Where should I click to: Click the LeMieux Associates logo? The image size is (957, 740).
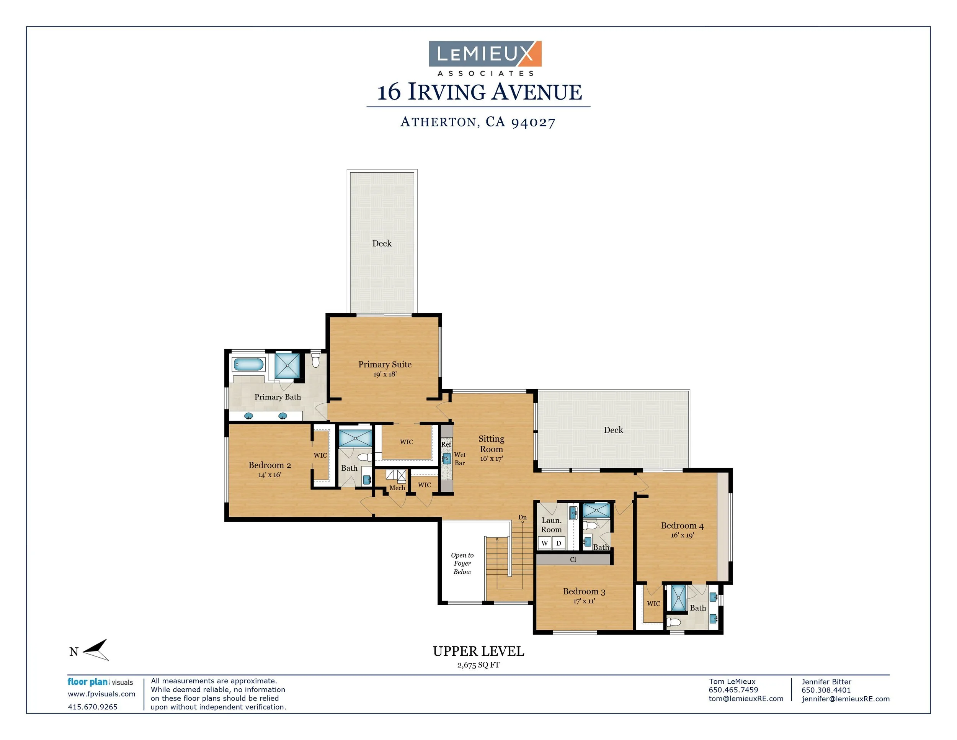pyautogui.click(x=485, y=58)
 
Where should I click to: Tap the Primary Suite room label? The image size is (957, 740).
pyautogui.click(x=385, y=364)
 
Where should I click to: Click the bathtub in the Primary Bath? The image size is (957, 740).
pyautogui.click(x=248, y=364)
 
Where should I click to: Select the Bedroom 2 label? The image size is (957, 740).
pyautogui.click(x=269, y=465)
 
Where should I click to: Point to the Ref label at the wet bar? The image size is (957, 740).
pyautogui.click(x=446, y=444)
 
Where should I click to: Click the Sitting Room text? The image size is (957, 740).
pyautogui.click(x=491, y=444)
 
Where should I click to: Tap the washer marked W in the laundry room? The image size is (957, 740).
pyautogui.click(x=545, y=543)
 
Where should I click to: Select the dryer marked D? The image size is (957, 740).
pyautogui.click(x=559, y=543)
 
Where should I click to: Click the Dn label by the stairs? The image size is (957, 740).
pyautogui.click(x=522, y=517)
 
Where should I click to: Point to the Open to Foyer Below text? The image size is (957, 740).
pyautogui.click(x=462, y=563)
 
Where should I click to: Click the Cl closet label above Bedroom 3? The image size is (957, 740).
pyautogui.click(x=573, y=559)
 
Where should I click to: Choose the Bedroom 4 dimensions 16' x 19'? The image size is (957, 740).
pyautogui.click(x=682, y=535)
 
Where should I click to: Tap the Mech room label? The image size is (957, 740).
pyautogui.click(x=397, y=488)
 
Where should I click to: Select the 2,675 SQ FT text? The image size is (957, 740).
pyautogui.click(x=478, y=665)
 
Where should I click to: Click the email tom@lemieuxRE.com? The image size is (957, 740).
pyautogui.click(x=746, y=699)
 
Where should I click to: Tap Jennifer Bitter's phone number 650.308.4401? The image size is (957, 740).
pyautogui.click(x=826, y=690)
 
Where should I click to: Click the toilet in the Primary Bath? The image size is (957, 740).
pyautogui.click(x=315, y=360)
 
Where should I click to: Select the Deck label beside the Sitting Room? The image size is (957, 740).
pyautogui.click(x=613, y=430)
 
